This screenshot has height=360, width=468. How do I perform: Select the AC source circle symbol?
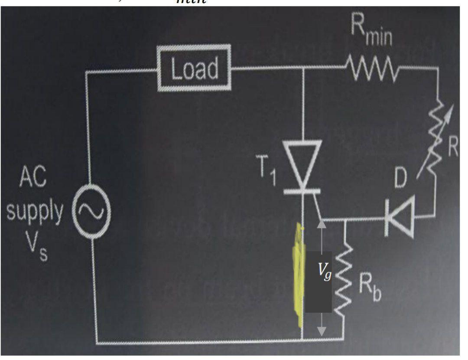point(91,212)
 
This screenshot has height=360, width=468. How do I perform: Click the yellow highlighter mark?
point(298,278)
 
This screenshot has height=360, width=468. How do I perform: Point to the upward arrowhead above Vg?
point(322,224)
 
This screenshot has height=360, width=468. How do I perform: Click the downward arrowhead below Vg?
point(322,331)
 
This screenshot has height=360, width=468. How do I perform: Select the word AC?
point(33,179)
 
